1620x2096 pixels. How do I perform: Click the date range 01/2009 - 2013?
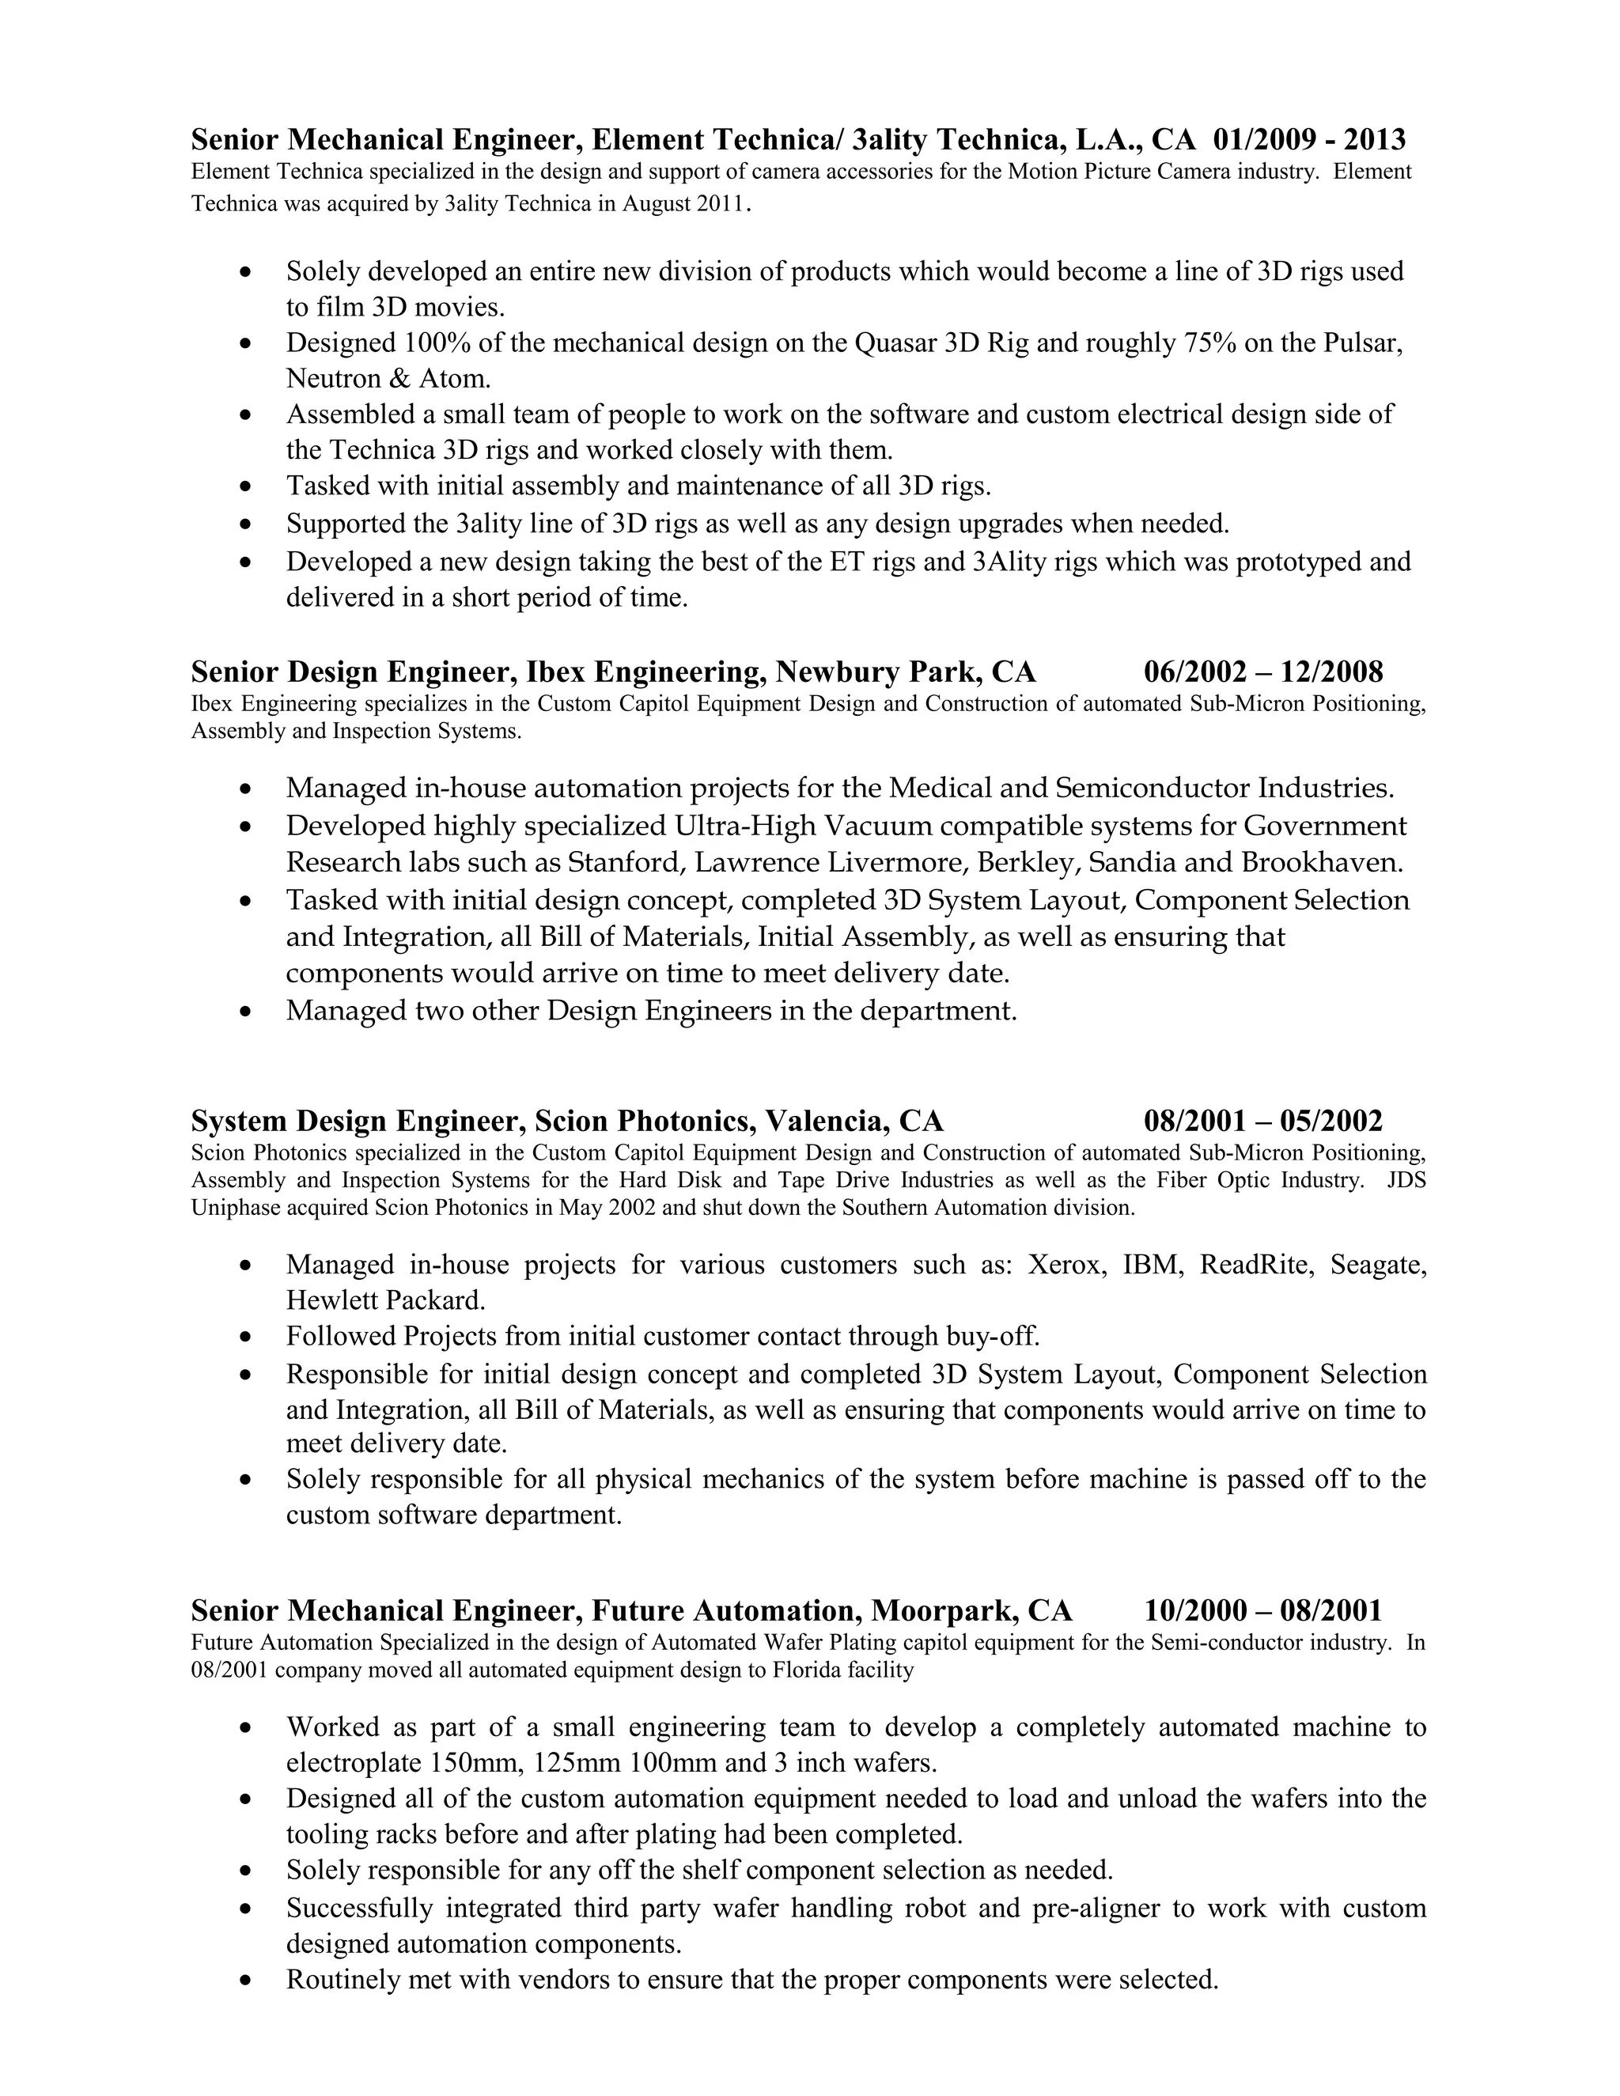click(1309, 140)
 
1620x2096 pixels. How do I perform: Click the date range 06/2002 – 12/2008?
click(1263, 672)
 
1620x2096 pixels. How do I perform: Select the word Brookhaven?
click(1322, 862)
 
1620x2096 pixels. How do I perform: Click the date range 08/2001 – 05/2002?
click(1263, 1121)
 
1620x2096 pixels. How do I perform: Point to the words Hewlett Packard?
click(386, 1300)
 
